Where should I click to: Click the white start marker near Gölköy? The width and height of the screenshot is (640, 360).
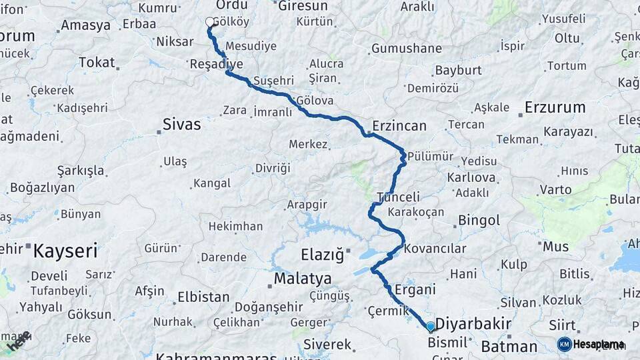pos(211,23)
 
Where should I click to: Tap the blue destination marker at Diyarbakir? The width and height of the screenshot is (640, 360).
pos(431,326)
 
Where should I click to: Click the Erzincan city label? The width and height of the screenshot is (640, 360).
pos(399,126)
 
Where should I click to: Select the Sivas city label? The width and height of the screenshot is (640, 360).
pos(182,124)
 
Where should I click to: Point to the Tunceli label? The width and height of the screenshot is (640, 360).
pos(399,197)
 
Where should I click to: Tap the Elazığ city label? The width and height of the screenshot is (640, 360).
pos(322,254)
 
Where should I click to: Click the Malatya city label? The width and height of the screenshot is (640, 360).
pos(303,278)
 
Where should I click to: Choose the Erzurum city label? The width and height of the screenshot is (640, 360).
pos(555,107)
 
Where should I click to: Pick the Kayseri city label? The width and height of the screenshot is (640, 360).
pos(65,251)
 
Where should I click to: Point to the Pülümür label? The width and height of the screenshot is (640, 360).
pos(430,156)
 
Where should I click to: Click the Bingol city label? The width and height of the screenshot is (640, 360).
pos(479,221)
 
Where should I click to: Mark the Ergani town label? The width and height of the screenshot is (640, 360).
pos(415,289)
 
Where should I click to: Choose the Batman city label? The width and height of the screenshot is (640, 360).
pos(509,346)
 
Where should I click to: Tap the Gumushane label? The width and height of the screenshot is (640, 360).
pos(407,48)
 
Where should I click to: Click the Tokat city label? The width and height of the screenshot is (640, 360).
pos(97,62)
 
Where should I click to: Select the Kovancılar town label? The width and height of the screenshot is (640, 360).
pos(435,249)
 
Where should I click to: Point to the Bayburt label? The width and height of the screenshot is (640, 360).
pos(458,70)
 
